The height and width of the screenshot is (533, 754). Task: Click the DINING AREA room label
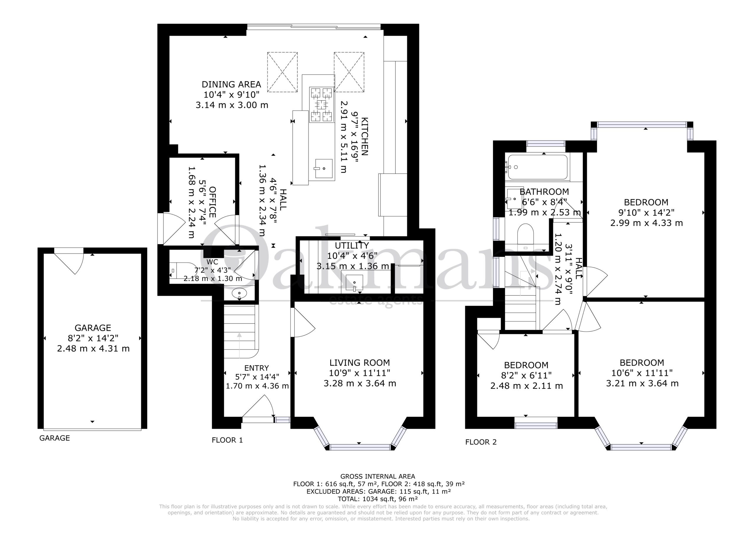(x=231, y=85)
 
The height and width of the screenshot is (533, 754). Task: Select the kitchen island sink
(x=323, y=169)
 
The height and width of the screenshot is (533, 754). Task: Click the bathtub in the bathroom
(x=538, y=167)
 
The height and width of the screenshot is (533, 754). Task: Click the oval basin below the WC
(x=239, y=293)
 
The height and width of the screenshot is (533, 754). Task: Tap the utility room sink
(x=354, y=283)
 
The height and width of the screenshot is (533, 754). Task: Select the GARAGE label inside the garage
(x=93, y=328)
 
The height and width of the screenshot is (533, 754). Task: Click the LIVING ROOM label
(x=360, y=363)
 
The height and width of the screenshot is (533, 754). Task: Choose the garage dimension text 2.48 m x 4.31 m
(x=93, y=348)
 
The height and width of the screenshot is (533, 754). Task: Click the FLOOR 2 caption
(x=481, y=442)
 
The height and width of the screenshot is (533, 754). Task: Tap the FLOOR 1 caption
(x=227, y=440)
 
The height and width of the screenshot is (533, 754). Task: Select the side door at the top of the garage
(x=69, y=261)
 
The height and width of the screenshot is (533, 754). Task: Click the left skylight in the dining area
(x=282, y=72)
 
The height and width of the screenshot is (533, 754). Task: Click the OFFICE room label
(x=212, y=202)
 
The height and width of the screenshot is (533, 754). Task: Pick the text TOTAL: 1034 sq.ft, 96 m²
(x=378, y=499)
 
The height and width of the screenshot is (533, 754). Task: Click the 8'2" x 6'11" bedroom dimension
(x=526, y=375)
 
